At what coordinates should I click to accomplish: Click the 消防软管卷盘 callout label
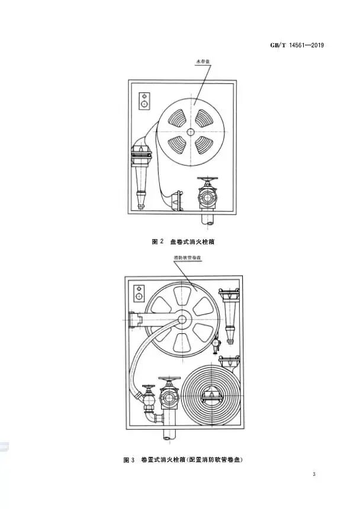(187, 259)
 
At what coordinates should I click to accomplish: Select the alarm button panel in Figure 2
(143, 102)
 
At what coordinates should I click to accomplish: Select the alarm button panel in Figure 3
(139, 292)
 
